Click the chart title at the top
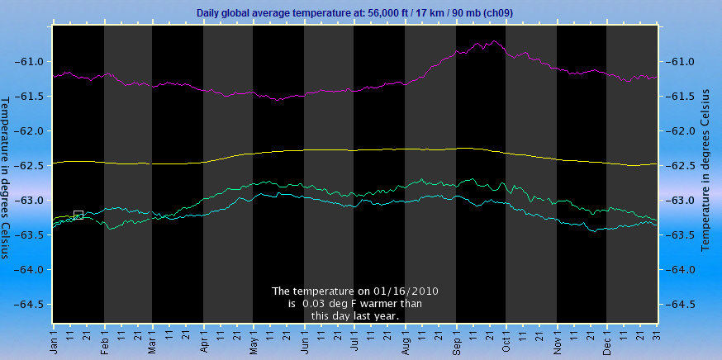(x=361, y=13)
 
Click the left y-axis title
(x=7, y=178)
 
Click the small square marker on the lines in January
(x=78, y=216)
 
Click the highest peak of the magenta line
(x=494, y=41)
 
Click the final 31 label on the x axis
(x=655, y=339)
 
